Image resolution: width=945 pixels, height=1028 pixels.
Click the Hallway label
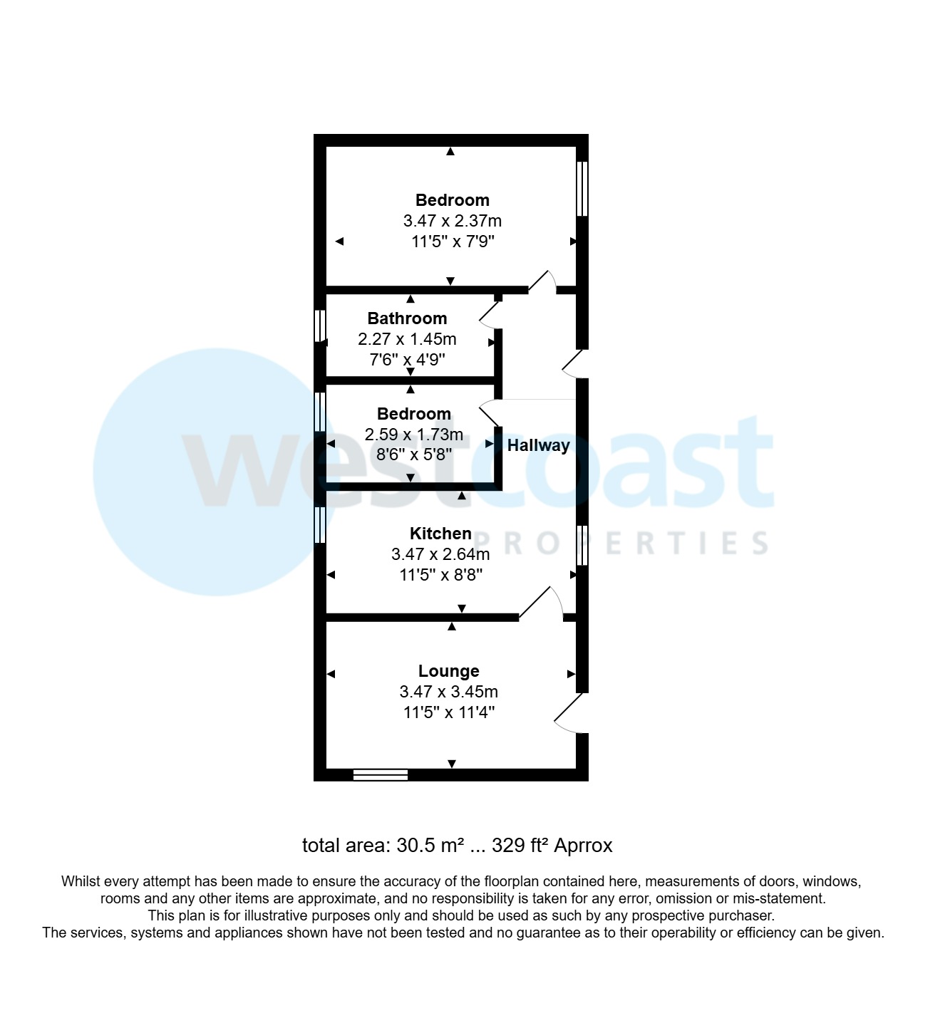point(538,445)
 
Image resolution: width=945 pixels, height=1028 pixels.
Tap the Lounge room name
point(448,670)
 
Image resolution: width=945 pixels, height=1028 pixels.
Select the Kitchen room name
point(440,533)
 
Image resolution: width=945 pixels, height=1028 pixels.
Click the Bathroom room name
point(407,318)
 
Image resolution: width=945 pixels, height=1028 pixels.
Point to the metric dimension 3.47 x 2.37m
point(452,221)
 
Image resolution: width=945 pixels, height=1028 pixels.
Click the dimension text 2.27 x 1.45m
point(407,339)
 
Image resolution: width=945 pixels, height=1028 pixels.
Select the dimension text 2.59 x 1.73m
point(413,434)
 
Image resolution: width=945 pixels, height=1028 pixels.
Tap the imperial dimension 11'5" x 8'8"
point(440,574)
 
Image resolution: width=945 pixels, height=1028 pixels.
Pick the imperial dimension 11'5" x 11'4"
point(448,712)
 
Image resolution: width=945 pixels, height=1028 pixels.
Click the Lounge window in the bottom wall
point(381,774)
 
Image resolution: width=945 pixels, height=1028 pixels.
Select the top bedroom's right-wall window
point(582,189)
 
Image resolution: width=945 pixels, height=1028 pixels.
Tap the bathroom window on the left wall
point(320,325)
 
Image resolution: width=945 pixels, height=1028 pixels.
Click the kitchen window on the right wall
point(582,545)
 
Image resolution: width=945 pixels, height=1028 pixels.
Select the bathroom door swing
point(490,314)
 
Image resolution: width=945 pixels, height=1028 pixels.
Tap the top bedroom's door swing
point(543,281)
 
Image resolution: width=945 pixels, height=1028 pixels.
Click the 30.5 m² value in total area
point(430,846)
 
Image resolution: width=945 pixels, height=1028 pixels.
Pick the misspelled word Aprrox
point(583,846)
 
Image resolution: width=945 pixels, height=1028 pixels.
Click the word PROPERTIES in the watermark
point(620,544)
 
